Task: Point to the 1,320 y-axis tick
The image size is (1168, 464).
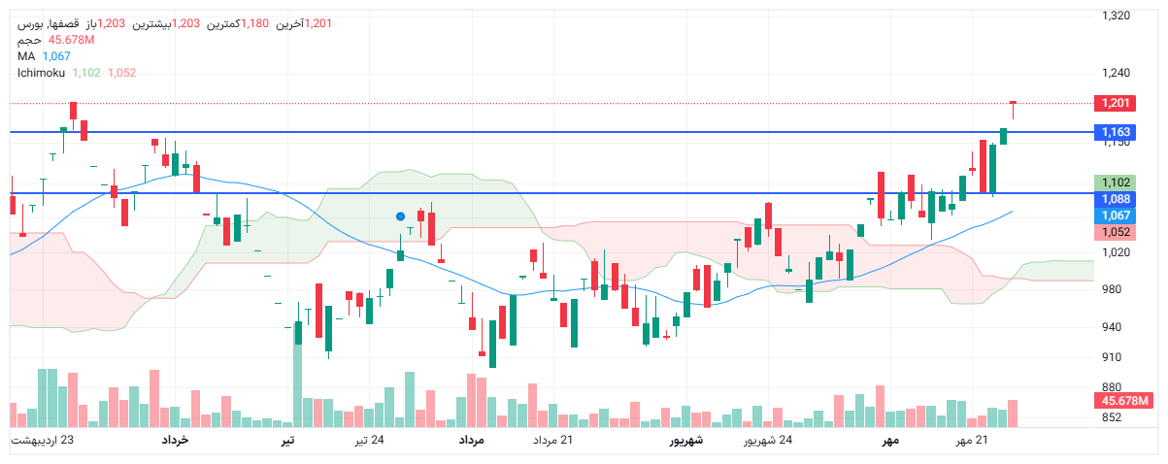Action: (x=1118, y=16)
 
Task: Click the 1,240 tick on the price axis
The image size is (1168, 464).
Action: (x=1118, y=73)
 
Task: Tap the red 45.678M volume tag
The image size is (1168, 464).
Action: (x=1122, y=401)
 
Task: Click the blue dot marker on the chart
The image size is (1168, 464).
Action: (x=400, y=216)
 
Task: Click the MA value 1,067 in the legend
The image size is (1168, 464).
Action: (x=56, y=56)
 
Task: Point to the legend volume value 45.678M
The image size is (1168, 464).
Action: (x=71, y=40)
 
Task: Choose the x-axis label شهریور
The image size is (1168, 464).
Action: (x=686, y=442)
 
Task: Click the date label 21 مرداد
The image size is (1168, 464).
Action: (x=552, y=442)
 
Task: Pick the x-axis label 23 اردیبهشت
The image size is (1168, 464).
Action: (x=43, y=442)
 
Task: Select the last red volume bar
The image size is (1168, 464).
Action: (x=1013, y=414)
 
